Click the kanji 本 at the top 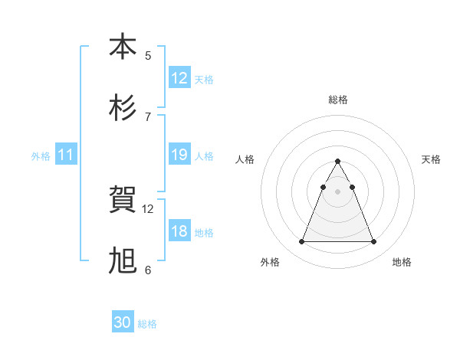tap(123, 47)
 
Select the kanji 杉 tap(123, 108)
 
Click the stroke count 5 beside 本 tap(148, 56)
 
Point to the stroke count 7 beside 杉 tap(148, 117)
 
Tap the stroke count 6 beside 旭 tap(148, 270)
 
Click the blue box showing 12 tap(179, 78)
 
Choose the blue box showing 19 tap(179, 155)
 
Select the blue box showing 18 tap(179, 231)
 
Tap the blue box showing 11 tap(66, 155)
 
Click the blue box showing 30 tap(123, 323)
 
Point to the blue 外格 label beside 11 tap(41, 156)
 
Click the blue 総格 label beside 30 tap(147, 324)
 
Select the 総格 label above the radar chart tap(338, 100)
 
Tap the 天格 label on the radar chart tap(432, 159)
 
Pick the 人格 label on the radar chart tap(245, 159)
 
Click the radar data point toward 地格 tap(374, 242)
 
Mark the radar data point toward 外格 tap(302, 242)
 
